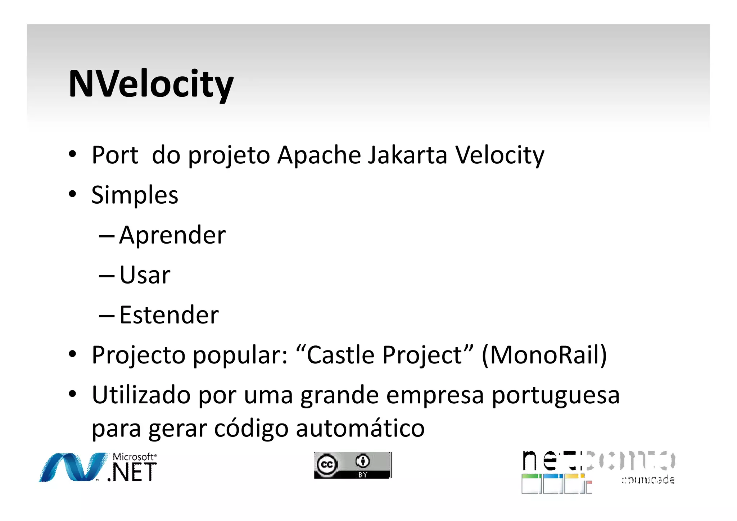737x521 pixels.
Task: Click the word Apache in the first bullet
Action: click(319, 155)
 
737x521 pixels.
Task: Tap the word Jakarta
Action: click(408, 155)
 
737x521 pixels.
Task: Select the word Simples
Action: click(135, 195)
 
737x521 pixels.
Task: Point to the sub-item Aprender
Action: click(172, 235)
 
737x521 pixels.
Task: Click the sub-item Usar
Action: click(145, 275)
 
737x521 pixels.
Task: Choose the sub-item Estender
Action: click(169, 315)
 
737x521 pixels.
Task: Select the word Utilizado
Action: click(141, 395)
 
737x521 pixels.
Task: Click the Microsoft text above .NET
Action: click(134, 457)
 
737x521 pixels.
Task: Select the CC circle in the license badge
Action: click(327, 465)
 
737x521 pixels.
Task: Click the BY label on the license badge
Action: click(362, 475)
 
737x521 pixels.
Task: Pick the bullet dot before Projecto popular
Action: click(73, 354)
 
